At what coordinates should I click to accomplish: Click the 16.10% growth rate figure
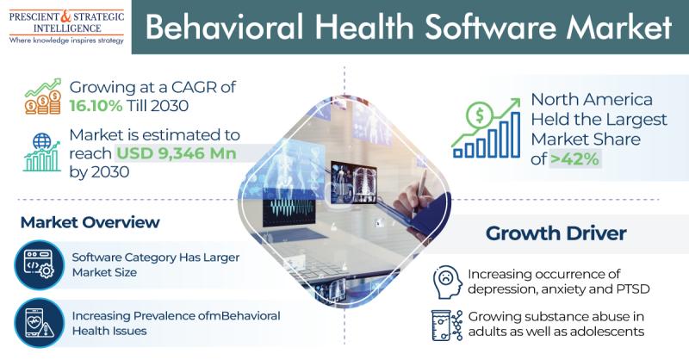pos(96,106)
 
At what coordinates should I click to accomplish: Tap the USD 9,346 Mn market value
pos(177,153)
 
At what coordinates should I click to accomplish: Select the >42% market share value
pos(574,159)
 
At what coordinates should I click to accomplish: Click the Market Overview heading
pos(90,222)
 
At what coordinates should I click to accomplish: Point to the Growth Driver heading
pos(556,233)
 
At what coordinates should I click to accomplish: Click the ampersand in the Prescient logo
pos(65,16)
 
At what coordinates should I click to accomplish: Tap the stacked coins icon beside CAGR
pos(42,102)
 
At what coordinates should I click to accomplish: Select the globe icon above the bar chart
pos(41,141)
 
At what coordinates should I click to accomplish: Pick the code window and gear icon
pos(39,264)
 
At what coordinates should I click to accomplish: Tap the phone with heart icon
pos(39,323)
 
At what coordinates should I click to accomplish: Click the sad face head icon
pos(447,282)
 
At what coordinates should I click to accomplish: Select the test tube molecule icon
pos(447,326)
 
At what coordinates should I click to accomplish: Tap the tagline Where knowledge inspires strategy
pos(66,40)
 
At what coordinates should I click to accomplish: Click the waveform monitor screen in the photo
pos(289,207)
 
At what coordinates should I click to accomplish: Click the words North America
pos(592,100)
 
